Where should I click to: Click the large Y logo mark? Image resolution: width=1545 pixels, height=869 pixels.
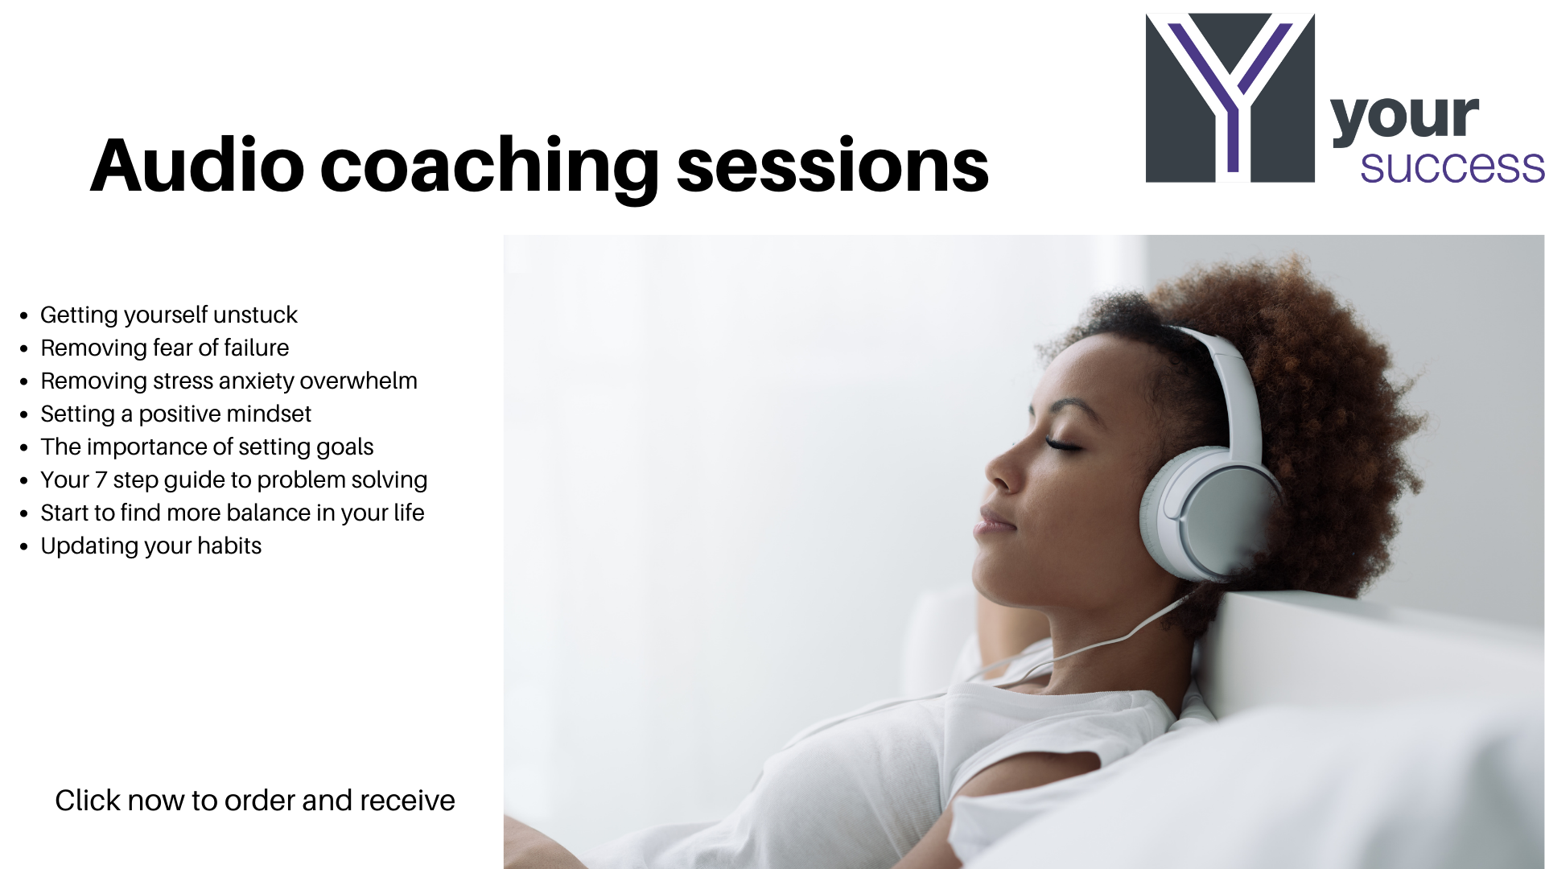click(x=1230, y=97)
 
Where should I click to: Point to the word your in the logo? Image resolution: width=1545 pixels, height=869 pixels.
click(x=1405, y=118)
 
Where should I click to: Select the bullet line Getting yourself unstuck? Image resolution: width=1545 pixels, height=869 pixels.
click(x=169, y=315)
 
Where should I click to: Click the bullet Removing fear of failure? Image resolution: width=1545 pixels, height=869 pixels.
click(x=165, y=348)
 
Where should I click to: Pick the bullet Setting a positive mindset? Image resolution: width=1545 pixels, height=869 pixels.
click(x=175, y=414)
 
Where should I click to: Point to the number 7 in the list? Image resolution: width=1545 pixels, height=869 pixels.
click(x=101, y=480)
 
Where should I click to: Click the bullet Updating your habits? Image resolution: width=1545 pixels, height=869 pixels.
click(x=151, y=546)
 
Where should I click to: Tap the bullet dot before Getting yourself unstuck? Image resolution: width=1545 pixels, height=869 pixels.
click(x=24, y=315)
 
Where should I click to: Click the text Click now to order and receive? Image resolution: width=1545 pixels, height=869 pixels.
click(x=255, y=801)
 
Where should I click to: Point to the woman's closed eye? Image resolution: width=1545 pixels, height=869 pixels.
click(x=1065, y=443)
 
